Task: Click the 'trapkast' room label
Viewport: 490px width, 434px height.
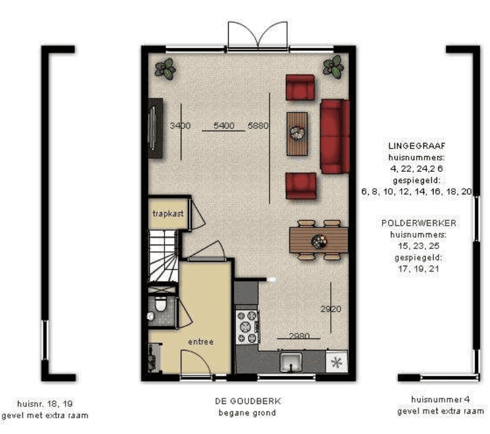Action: coord(168,213)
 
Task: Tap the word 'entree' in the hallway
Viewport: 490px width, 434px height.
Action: coord(201,341)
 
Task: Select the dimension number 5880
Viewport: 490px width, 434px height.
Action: coord(258,126)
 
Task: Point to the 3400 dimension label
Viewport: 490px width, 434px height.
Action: coord(180,126)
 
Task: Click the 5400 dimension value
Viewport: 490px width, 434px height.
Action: coord(224,126)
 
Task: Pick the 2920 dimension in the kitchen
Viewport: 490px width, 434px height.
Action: coord(331,309)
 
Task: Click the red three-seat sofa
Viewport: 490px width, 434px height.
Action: coord(334,136)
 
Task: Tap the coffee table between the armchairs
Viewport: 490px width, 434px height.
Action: coord(297,134)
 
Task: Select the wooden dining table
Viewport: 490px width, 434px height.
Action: coord(319,240)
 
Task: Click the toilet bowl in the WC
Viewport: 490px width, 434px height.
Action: coord(160,304)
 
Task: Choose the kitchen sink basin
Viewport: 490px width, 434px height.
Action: coord(291,362)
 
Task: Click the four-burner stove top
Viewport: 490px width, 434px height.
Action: coord(247,326)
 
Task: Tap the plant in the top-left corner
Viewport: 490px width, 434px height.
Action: coord(165,69)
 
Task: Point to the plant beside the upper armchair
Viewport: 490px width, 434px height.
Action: coord(333,66)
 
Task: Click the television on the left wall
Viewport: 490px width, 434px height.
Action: coord(156,128)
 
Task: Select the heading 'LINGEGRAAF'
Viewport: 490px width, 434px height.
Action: coord(417,146)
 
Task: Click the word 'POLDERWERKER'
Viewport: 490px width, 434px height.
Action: coord(419,223)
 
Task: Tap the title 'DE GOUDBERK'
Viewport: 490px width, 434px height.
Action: coord(248,401)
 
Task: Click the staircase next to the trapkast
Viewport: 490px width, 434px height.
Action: coord(163,256)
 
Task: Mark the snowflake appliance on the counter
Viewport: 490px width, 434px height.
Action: coord(336,362)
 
